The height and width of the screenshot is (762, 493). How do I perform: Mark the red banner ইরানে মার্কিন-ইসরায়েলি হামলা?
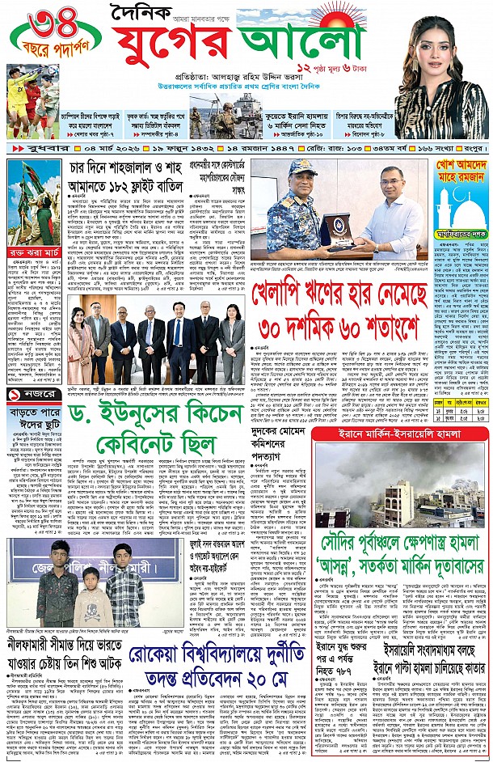(x=401, y=433)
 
